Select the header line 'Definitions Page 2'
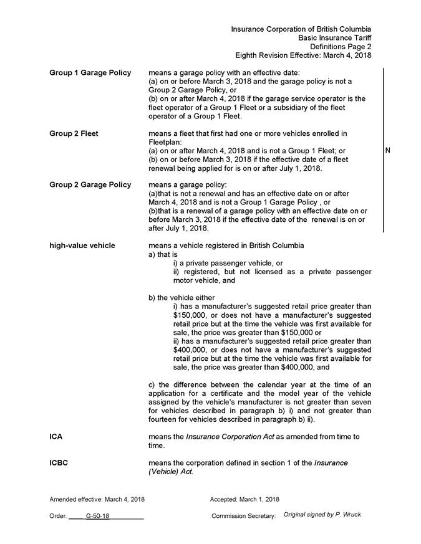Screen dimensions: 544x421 pos(341,47)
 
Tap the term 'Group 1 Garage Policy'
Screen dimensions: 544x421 pos(90,73)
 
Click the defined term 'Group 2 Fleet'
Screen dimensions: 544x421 pos(74,133)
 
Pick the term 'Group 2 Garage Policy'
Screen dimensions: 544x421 pos(90,184)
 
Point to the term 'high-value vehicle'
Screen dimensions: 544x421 pos(82,246)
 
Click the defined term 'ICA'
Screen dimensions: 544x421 pos(56,437)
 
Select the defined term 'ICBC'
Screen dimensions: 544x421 pos(59,463)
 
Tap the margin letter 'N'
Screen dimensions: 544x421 pos(388,150)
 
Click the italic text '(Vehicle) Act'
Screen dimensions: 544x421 pos(170,472)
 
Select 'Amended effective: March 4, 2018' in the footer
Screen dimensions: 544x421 pos(97,499)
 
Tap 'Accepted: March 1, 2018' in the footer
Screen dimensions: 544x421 pos(244,499)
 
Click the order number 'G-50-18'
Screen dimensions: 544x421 pos(98,517)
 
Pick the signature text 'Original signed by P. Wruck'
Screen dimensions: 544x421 pos(322,515)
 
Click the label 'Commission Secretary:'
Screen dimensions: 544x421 pos(243,517)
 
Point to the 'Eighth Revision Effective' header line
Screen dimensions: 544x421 pos(303,55)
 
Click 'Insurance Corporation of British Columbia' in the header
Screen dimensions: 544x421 pos(301,29)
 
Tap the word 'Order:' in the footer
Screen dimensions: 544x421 pos(58,517)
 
